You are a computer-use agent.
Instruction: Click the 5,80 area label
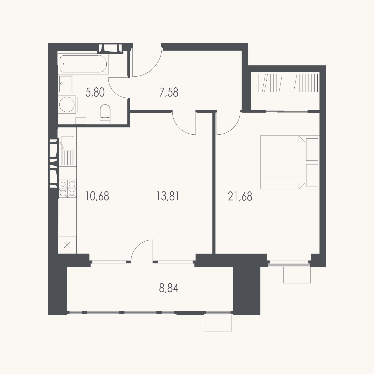click(95, 92)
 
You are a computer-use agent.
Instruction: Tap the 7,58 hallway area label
click(169, 92)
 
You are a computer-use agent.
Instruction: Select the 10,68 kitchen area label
click(97, 196)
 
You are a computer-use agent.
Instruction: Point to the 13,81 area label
click(168, 196)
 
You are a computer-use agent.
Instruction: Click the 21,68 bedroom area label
click(240, 196)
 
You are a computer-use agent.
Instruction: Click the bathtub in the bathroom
click(83, 64)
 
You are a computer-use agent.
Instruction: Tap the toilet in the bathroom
click(105, 114)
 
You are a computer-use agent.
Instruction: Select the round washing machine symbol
click(67, 104)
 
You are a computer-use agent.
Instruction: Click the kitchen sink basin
click(68, 143)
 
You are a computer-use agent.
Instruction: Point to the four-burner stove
click(68, 189)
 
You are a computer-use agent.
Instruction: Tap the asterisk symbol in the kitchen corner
click(67, 245)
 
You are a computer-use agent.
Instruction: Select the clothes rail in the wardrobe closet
click(286, 83)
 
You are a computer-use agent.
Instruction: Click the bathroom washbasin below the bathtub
click(66, 84)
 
